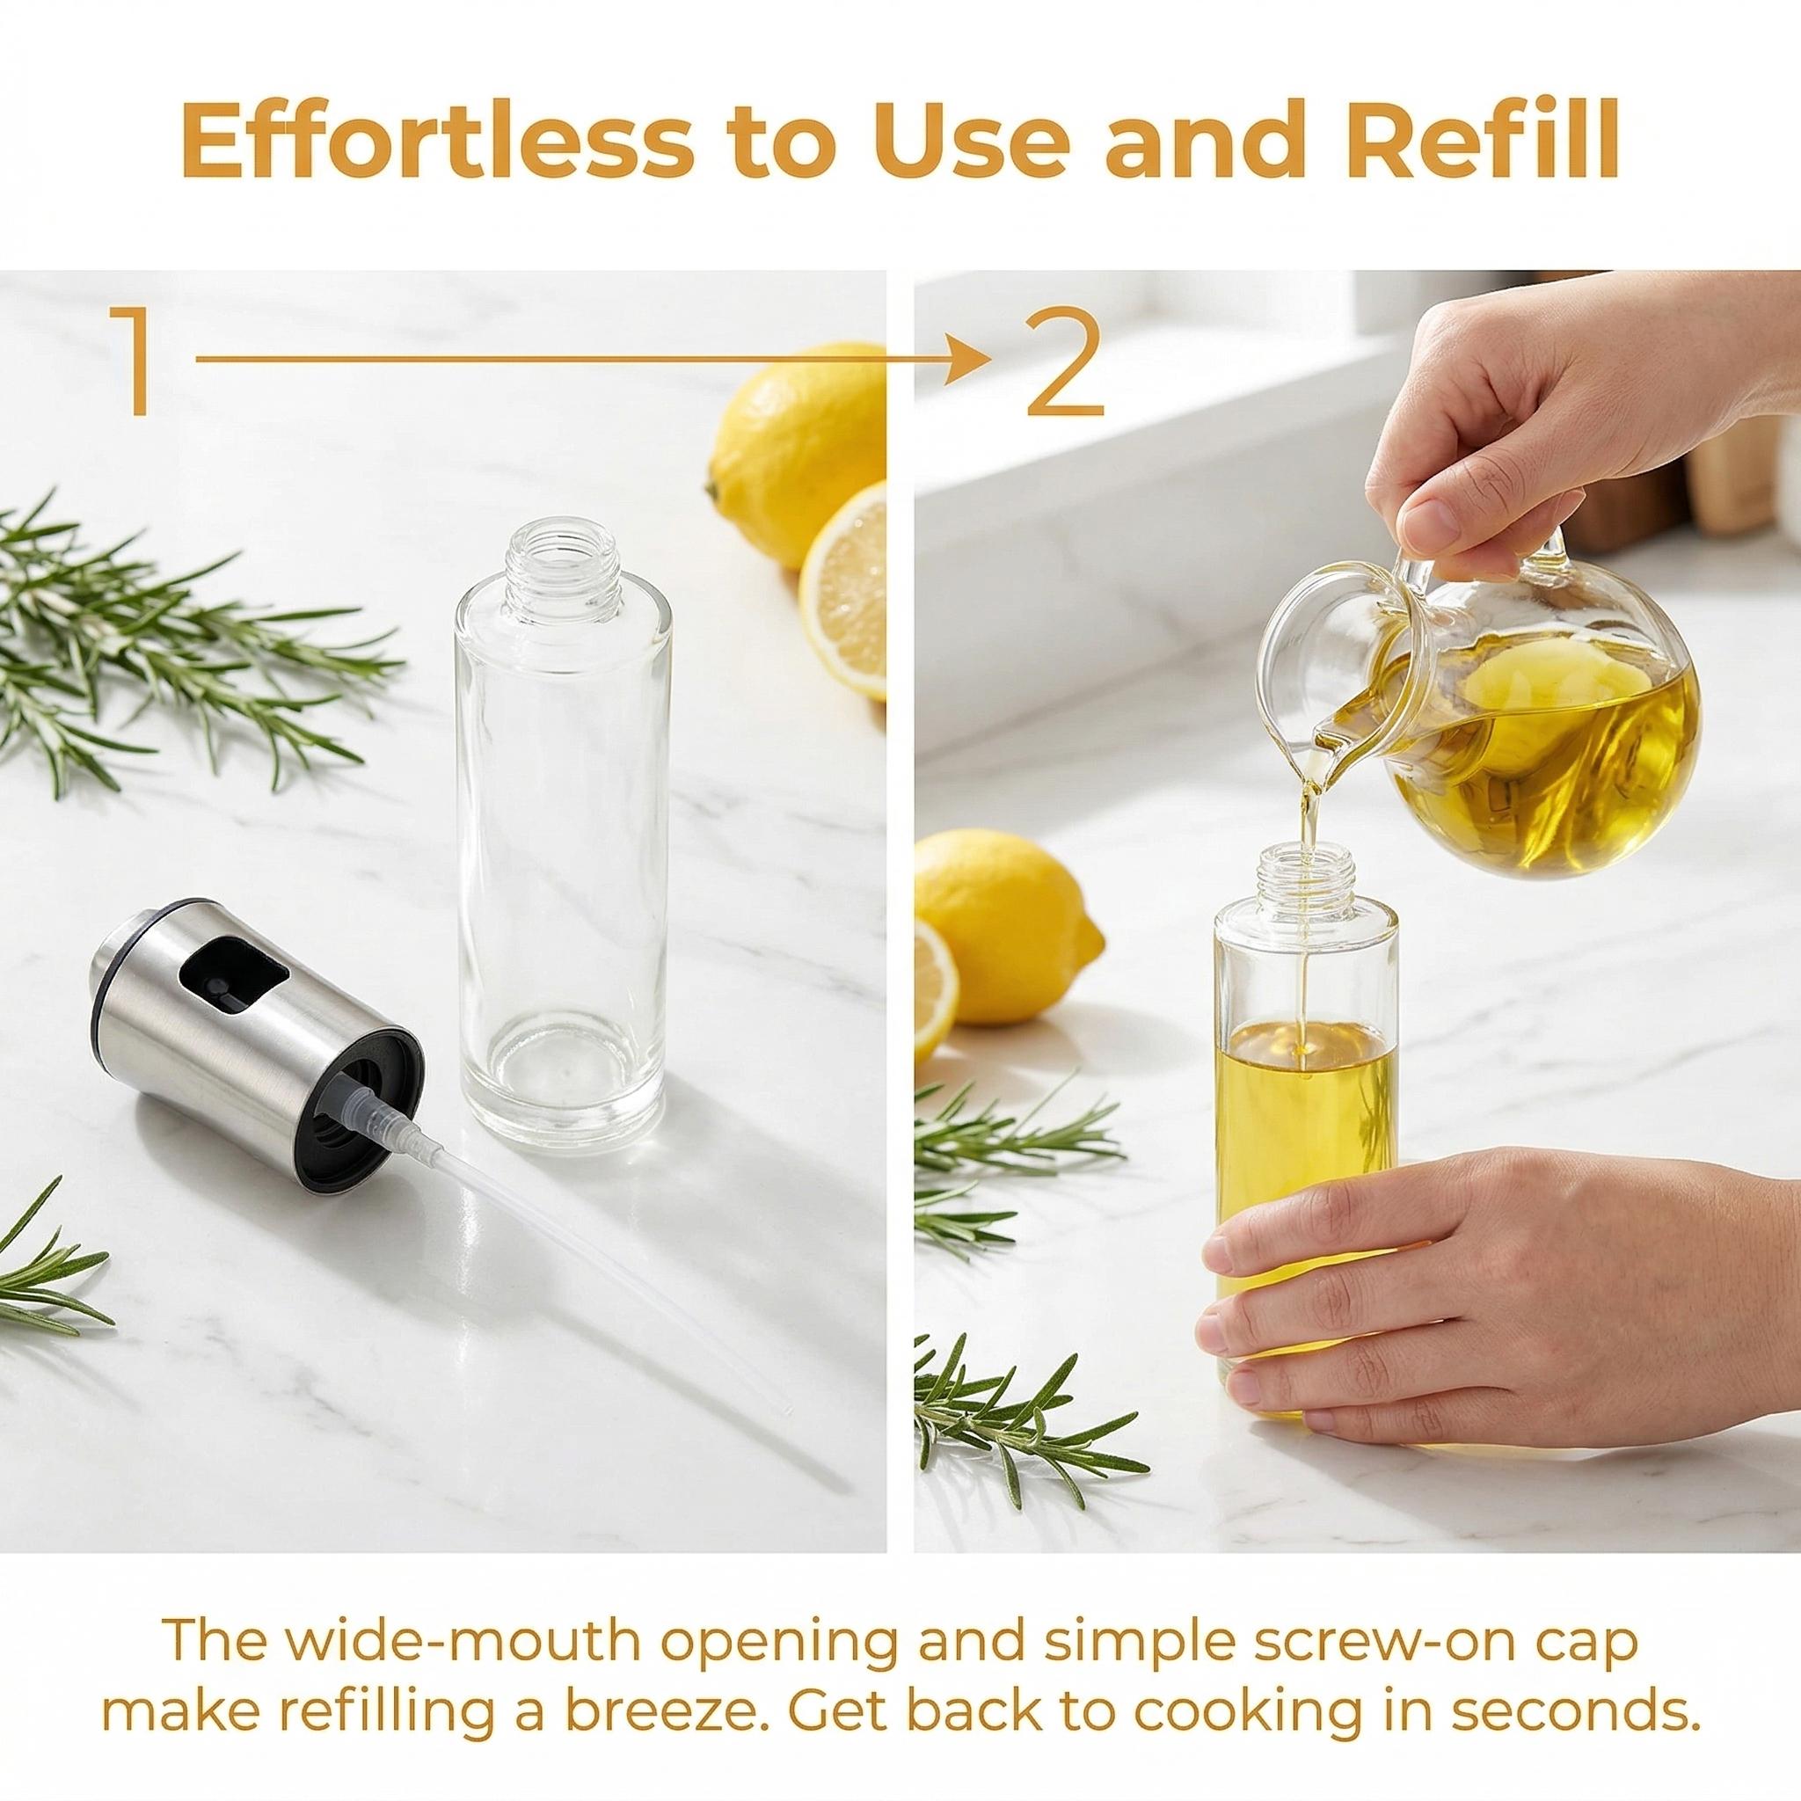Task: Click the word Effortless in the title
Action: [435, 140]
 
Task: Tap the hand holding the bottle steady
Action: [1455, 1277]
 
